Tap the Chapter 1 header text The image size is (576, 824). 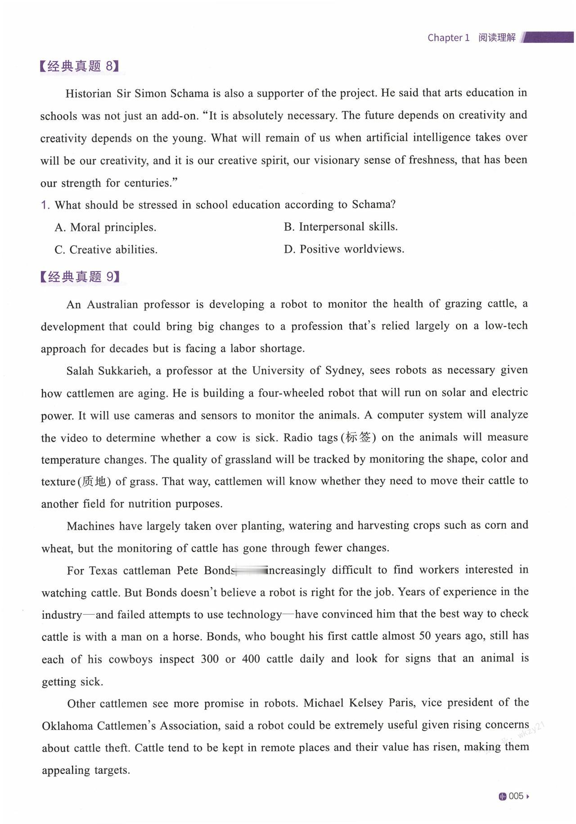coord(448,38)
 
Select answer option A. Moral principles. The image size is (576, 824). coord(105,227)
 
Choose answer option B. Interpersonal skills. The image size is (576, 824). coord(341,227)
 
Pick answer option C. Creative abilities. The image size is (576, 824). coord(106,250)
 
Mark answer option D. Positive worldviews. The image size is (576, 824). coord(344,249)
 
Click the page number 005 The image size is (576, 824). coord(516,796)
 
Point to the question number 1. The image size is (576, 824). coord(45,205)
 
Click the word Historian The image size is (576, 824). coord(88,94)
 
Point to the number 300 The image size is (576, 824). coord(210,659)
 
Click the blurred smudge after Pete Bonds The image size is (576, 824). coord(250,571)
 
